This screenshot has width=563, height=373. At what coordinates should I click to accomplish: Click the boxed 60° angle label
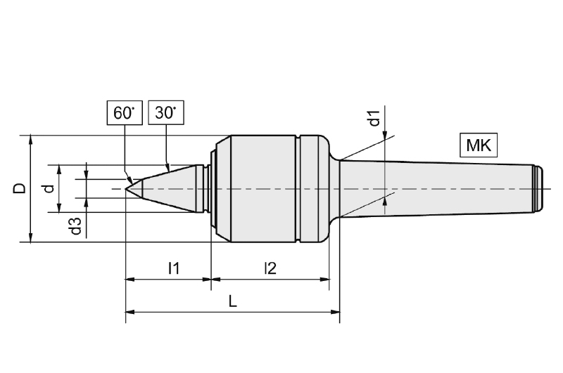point(124,112)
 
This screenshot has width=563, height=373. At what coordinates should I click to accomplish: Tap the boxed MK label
point(478,145)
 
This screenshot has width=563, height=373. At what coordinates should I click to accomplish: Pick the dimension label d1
point(375,117)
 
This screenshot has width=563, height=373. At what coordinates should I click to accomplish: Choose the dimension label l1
point(173,267)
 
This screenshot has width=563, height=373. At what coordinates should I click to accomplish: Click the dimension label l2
point(270,267)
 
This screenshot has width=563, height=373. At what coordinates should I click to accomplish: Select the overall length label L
point(233,301)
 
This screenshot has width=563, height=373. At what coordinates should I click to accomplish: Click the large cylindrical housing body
point(260,188)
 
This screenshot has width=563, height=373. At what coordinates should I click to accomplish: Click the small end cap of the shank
point(537,188)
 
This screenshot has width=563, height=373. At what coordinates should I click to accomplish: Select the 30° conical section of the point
point(169,188)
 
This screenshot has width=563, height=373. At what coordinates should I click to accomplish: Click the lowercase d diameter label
point(47,188)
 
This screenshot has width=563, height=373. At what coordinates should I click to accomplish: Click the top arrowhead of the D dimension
point(30,139)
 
